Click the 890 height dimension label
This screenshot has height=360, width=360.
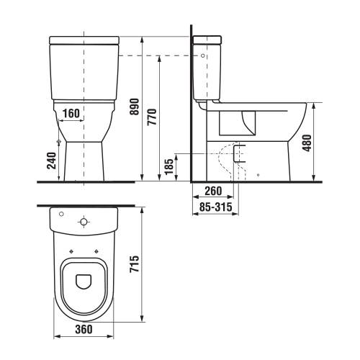135,107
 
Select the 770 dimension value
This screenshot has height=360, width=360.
152,117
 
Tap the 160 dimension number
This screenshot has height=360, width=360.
71,113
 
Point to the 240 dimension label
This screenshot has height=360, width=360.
51,161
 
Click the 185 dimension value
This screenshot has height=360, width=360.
169,166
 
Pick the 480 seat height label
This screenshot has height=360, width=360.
307,143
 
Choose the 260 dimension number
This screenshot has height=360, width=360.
213,191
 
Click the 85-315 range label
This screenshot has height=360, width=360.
216,207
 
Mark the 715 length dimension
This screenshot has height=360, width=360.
135,264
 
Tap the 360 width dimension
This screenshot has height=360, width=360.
84,329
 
